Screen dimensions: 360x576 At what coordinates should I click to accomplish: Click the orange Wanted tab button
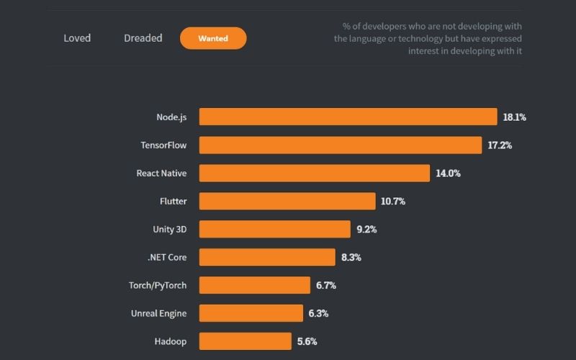tap(213, 38)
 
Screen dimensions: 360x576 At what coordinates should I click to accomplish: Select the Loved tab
tap(77, 38)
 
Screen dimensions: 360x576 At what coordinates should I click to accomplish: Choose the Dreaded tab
tap(143, 38)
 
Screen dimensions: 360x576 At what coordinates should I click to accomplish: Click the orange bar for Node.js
tap(348, 117)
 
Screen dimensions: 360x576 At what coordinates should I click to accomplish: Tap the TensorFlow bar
tap(340, 145)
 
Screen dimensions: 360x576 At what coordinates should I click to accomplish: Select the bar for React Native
tap(314, 173)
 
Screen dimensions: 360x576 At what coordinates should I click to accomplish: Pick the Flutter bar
tap(287, 201)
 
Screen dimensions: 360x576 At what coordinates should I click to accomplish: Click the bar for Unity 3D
tap(274, 229)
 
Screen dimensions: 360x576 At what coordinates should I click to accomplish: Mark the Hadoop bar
tap(245, 341)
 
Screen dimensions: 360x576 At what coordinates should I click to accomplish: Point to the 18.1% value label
tap(514, 117)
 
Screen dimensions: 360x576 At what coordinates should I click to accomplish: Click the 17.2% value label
tap(500, 145)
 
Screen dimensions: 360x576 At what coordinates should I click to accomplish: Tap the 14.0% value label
tap(448, 173)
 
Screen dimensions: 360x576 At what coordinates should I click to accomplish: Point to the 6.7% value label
tap(326, 285)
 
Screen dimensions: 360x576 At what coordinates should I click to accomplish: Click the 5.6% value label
tap(307, 341)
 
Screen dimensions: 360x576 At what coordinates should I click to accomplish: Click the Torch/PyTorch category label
tap(157, 285)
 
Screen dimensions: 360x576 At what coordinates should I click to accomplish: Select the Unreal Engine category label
tap(158, 313)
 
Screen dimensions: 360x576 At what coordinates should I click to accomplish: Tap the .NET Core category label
tap(166, 257)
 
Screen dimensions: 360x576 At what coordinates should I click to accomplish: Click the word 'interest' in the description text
tap(424, 50)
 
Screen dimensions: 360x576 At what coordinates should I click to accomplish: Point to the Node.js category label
tap(171, 117)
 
